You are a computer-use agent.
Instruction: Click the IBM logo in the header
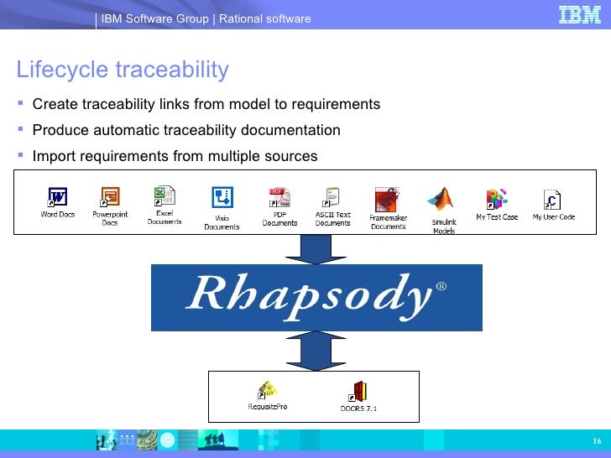click(x=580, y=15)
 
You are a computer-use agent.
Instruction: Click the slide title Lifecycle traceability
click(x=123, y=70)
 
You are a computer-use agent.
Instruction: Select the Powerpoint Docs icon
click(x=110, y=198)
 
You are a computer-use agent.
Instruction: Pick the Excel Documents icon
click(x=164, y=196)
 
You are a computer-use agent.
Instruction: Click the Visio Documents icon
click(x=222, y=198)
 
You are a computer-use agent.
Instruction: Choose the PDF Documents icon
click(x=279, y=199)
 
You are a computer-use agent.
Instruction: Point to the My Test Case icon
click(x=497, y=199)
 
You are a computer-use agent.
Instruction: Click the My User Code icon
click(x=552, y=200)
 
